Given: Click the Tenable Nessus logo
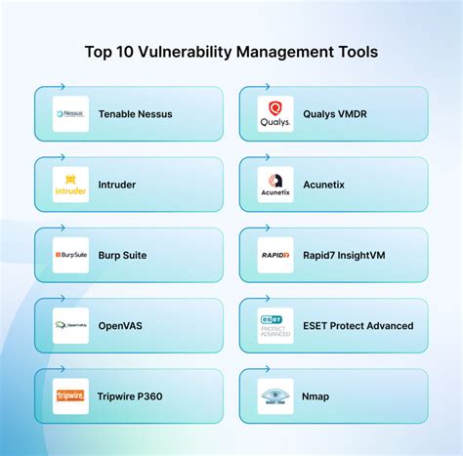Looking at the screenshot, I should point(70,114).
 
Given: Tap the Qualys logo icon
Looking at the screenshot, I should point(274,114).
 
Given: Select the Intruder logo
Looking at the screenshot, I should point(70,185).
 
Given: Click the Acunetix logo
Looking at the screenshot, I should point(274,185).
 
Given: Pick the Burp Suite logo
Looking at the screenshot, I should point(70,255).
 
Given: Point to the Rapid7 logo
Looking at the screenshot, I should point(274,255).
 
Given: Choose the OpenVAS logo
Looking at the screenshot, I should point(70,326).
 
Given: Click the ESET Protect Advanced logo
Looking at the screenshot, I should point(274,326).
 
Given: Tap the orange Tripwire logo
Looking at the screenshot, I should point(70,396).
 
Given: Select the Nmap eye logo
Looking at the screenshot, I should point(274,396).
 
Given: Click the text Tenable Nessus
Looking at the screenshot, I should point(135,114).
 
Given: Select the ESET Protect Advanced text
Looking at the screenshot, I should point(358,326).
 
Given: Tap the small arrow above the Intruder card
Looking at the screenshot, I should point(62,156).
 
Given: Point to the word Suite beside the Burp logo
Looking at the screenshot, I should point(134,256).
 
